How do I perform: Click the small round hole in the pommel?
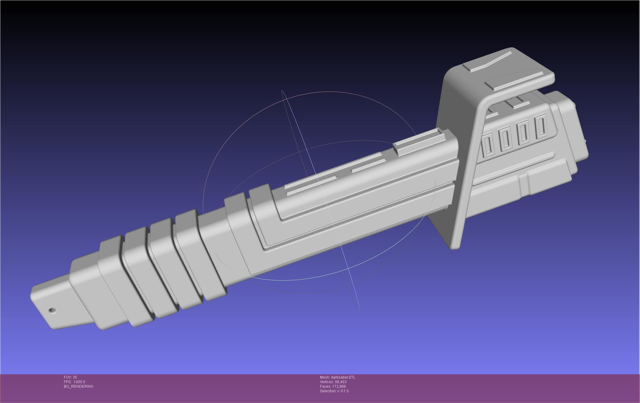click(x=53, y=310)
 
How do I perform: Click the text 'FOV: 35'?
click(x=70, y=377)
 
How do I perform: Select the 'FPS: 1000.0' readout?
click(x=74, y=382)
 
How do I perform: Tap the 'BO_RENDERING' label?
click(x=78, y=387)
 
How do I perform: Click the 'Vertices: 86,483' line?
click(x=333, y=382)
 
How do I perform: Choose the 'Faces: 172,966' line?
click(x=333, y=387)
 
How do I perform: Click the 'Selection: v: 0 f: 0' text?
click(x=334, y=391)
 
